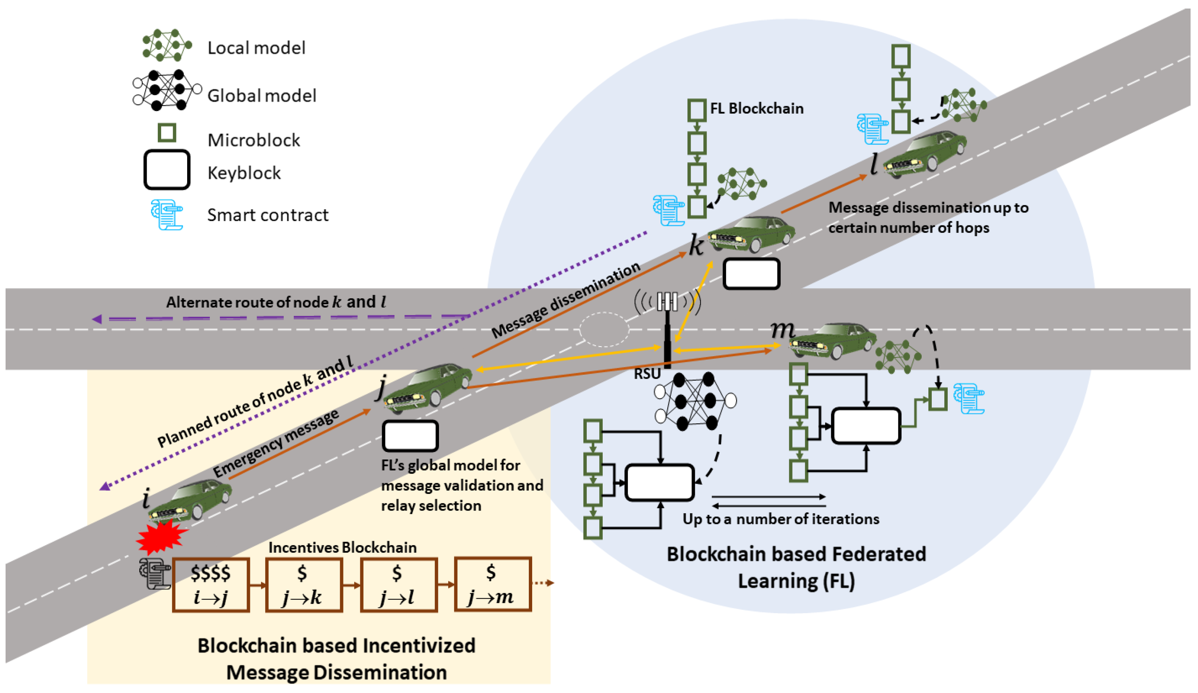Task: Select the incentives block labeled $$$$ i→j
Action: [211, 584]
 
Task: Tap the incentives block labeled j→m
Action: [492, 584]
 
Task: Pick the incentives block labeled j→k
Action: [303, 584]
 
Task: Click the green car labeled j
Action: [428, 386]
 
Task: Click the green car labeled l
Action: [925, 154]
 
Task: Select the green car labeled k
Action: [751, 234]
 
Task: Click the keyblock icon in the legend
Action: [167, 170]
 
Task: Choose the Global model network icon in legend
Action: [166, 90]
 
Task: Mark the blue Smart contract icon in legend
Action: [166, 215]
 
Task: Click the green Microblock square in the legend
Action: [167, 133]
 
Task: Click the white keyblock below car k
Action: [751, 274]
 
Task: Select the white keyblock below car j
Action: [410, 436]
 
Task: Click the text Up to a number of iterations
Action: [781, 519]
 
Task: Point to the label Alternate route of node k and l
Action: [276, 302]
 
